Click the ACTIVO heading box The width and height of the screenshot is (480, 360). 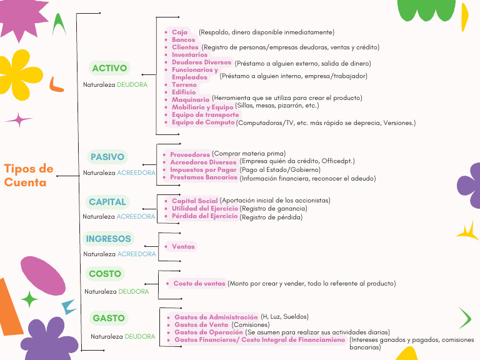pos(109,68)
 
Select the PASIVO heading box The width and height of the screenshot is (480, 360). pos(107,157)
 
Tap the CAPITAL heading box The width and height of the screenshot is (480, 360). pos(107,202)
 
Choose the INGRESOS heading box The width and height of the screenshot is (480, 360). pos(109,239)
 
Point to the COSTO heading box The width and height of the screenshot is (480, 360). pos(105,274)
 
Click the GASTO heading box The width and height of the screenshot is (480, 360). pos(109,318)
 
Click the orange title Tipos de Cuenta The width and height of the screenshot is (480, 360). pos(29,176)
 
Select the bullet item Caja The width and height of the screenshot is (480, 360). pos(179,32)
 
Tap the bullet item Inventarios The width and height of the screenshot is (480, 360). pos(189,55)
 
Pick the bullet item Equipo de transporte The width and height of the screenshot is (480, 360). pos(205,115)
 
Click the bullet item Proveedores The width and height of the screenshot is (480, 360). pos(190,154)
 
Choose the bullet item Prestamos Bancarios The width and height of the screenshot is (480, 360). pos(204,177)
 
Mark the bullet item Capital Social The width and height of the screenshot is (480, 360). pos(195,201)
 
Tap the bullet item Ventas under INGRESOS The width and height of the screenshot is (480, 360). pos(183,247)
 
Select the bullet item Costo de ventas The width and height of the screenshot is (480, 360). pos(199,284)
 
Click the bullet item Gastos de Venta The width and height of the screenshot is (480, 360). pos(201,325)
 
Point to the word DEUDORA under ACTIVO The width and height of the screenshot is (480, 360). pos(132,84)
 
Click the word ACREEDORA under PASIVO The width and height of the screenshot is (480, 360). pos(136,173)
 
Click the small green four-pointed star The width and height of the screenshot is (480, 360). pos(29,299)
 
